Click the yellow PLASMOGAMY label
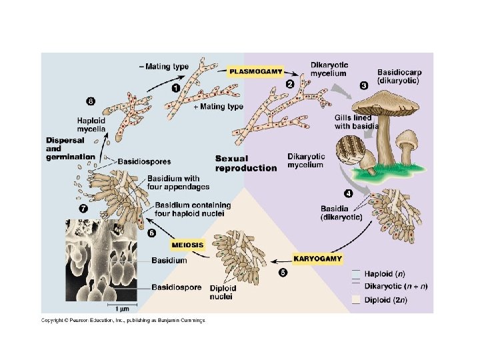click(256, 70)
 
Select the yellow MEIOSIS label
click(187, 245)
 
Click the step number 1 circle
click(175, 87)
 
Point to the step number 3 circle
click(363, 85)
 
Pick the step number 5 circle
click(283, 272)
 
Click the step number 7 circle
click(83, 208)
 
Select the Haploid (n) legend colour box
click(356, 273)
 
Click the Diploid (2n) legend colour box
click(356, 299)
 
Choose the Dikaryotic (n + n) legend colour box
click(356, 286)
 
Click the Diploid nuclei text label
click(223, 292)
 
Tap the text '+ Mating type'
click(218, 107)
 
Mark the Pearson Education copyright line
click(123, 321)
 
